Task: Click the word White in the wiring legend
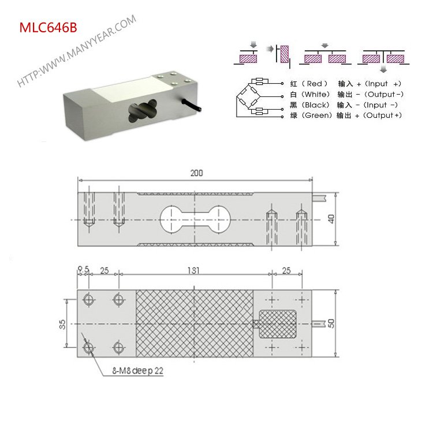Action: [315, 94]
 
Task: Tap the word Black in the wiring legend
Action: [315, 105]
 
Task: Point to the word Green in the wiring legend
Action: [317, 115]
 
